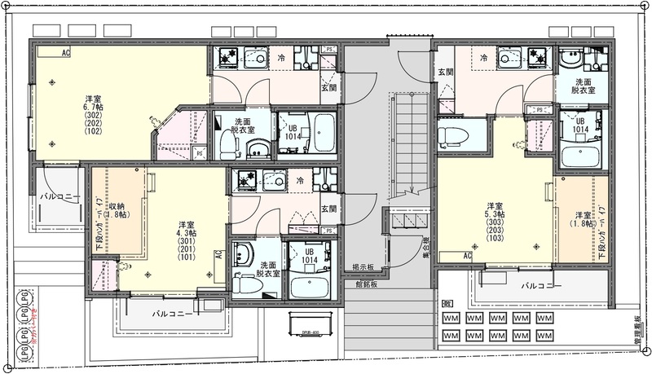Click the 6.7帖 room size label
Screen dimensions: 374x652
pos(91,107)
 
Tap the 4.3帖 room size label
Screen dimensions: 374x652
pos(187,233)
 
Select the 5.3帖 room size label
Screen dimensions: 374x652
pos(495,213)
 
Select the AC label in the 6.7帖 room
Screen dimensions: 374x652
pos(65,53)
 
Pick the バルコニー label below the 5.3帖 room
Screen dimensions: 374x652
pos(542,287)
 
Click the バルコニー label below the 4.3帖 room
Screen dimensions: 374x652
pos(173,314)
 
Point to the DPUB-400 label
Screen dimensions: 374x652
pos(303,334)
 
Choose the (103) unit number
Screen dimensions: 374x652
pos(495,240)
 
